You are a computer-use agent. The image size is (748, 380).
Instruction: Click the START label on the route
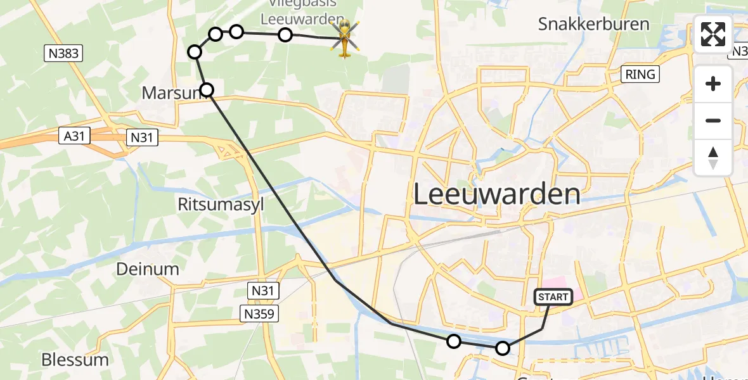553,296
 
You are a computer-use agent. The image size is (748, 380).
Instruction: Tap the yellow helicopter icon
345,38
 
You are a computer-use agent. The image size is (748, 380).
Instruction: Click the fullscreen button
713,34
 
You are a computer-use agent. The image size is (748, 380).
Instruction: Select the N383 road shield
64,53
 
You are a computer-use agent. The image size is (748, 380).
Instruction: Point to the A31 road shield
76,135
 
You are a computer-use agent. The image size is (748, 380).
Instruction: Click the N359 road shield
259,313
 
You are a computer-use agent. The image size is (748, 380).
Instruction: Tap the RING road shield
640,74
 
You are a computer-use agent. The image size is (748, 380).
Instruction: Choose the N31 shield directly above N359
262,291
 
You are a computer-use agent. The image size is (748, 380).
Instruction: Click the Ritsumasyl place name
220,205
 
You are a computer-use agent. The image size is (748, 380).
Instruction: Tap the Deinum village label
147,269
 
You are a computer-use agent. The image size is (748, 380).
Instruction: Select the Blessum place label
75,360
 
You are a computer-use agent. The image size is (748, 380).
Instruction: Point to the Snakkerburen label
593,25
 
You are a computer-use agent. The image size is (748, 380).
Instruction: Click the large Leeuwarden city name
496,194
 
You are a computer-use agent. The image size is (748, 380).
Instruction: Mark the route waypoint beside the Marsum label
207,90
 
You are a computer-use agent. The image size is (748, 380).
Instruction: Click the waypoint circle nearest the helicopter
285,35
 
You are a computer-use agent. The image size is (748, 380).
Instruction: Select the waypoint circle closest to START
502,348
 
